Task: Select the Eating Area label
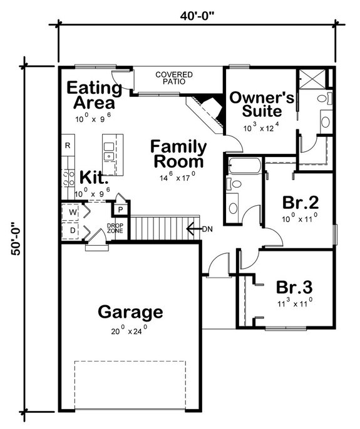(x=91, y=94)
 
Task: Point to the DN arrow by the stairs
(x=202, y=229)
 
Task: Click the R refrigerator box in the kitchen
(x=67, y=146)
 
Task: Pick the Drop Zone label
(x=115, y=229)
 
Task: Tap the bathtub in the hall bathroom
(x=244, y=168)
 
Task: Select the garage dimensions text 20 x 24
(x=128, y=328)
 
